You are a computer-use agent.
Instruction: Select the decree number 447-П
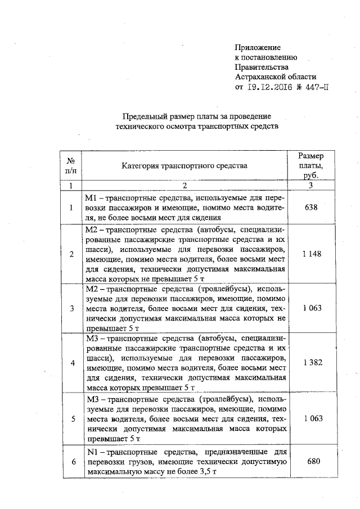point(314,87)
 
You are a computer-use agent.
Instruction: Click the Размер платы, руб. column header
point(310,165)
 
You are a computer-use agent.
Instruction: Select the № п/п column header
point(71,165)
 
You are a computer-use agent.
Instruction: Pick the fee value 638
point(311,207)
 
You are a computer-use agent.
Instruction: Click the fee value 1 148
point(311,254)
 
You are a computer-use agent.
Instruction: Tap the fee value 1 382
point(311,363)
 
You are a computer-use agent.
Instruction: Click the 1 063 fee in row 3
point(311,308)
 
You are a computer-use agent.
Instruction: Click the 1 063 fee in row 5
point(311,418)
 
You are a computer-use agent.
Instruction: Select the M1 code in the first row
point(91,197)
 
